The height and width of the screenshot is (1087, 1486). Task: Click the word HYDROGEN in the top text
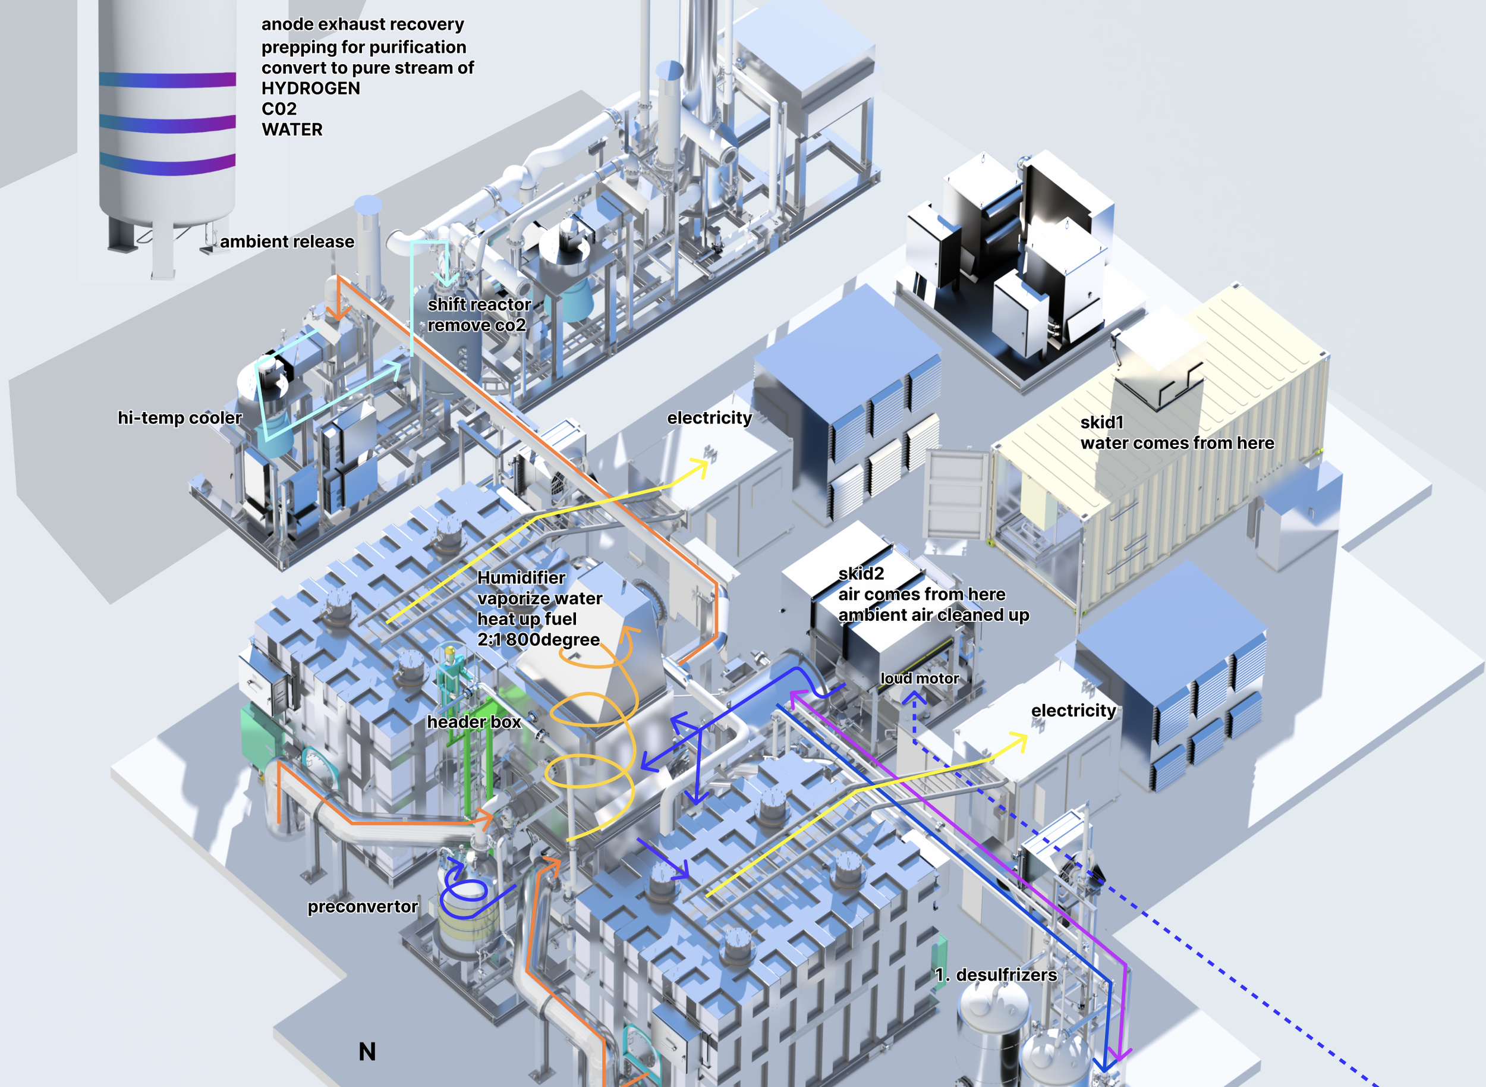point(310,88)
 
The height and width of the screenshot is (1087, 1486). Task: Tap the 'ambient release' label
point(287,241)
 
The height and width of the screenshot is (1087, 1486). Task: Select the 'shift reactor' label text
point(479,304)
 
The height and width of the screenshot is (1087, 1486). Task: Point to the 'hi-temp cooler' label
point(180,418)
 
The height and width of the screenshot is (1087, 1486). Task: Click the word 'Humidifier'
point(521,577)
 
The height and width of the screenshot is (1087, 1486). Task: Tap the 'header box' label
point(474,722)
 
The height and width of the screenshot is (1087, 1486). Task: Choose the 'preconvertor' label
point(363,907)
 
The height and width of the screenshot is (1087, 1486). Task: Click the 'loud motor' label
point(920,678)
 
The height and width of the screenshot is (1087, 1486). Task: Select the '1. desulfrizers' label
point(996,975)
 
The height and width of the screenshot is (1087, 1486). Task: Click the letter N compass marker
point(367,1051)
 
